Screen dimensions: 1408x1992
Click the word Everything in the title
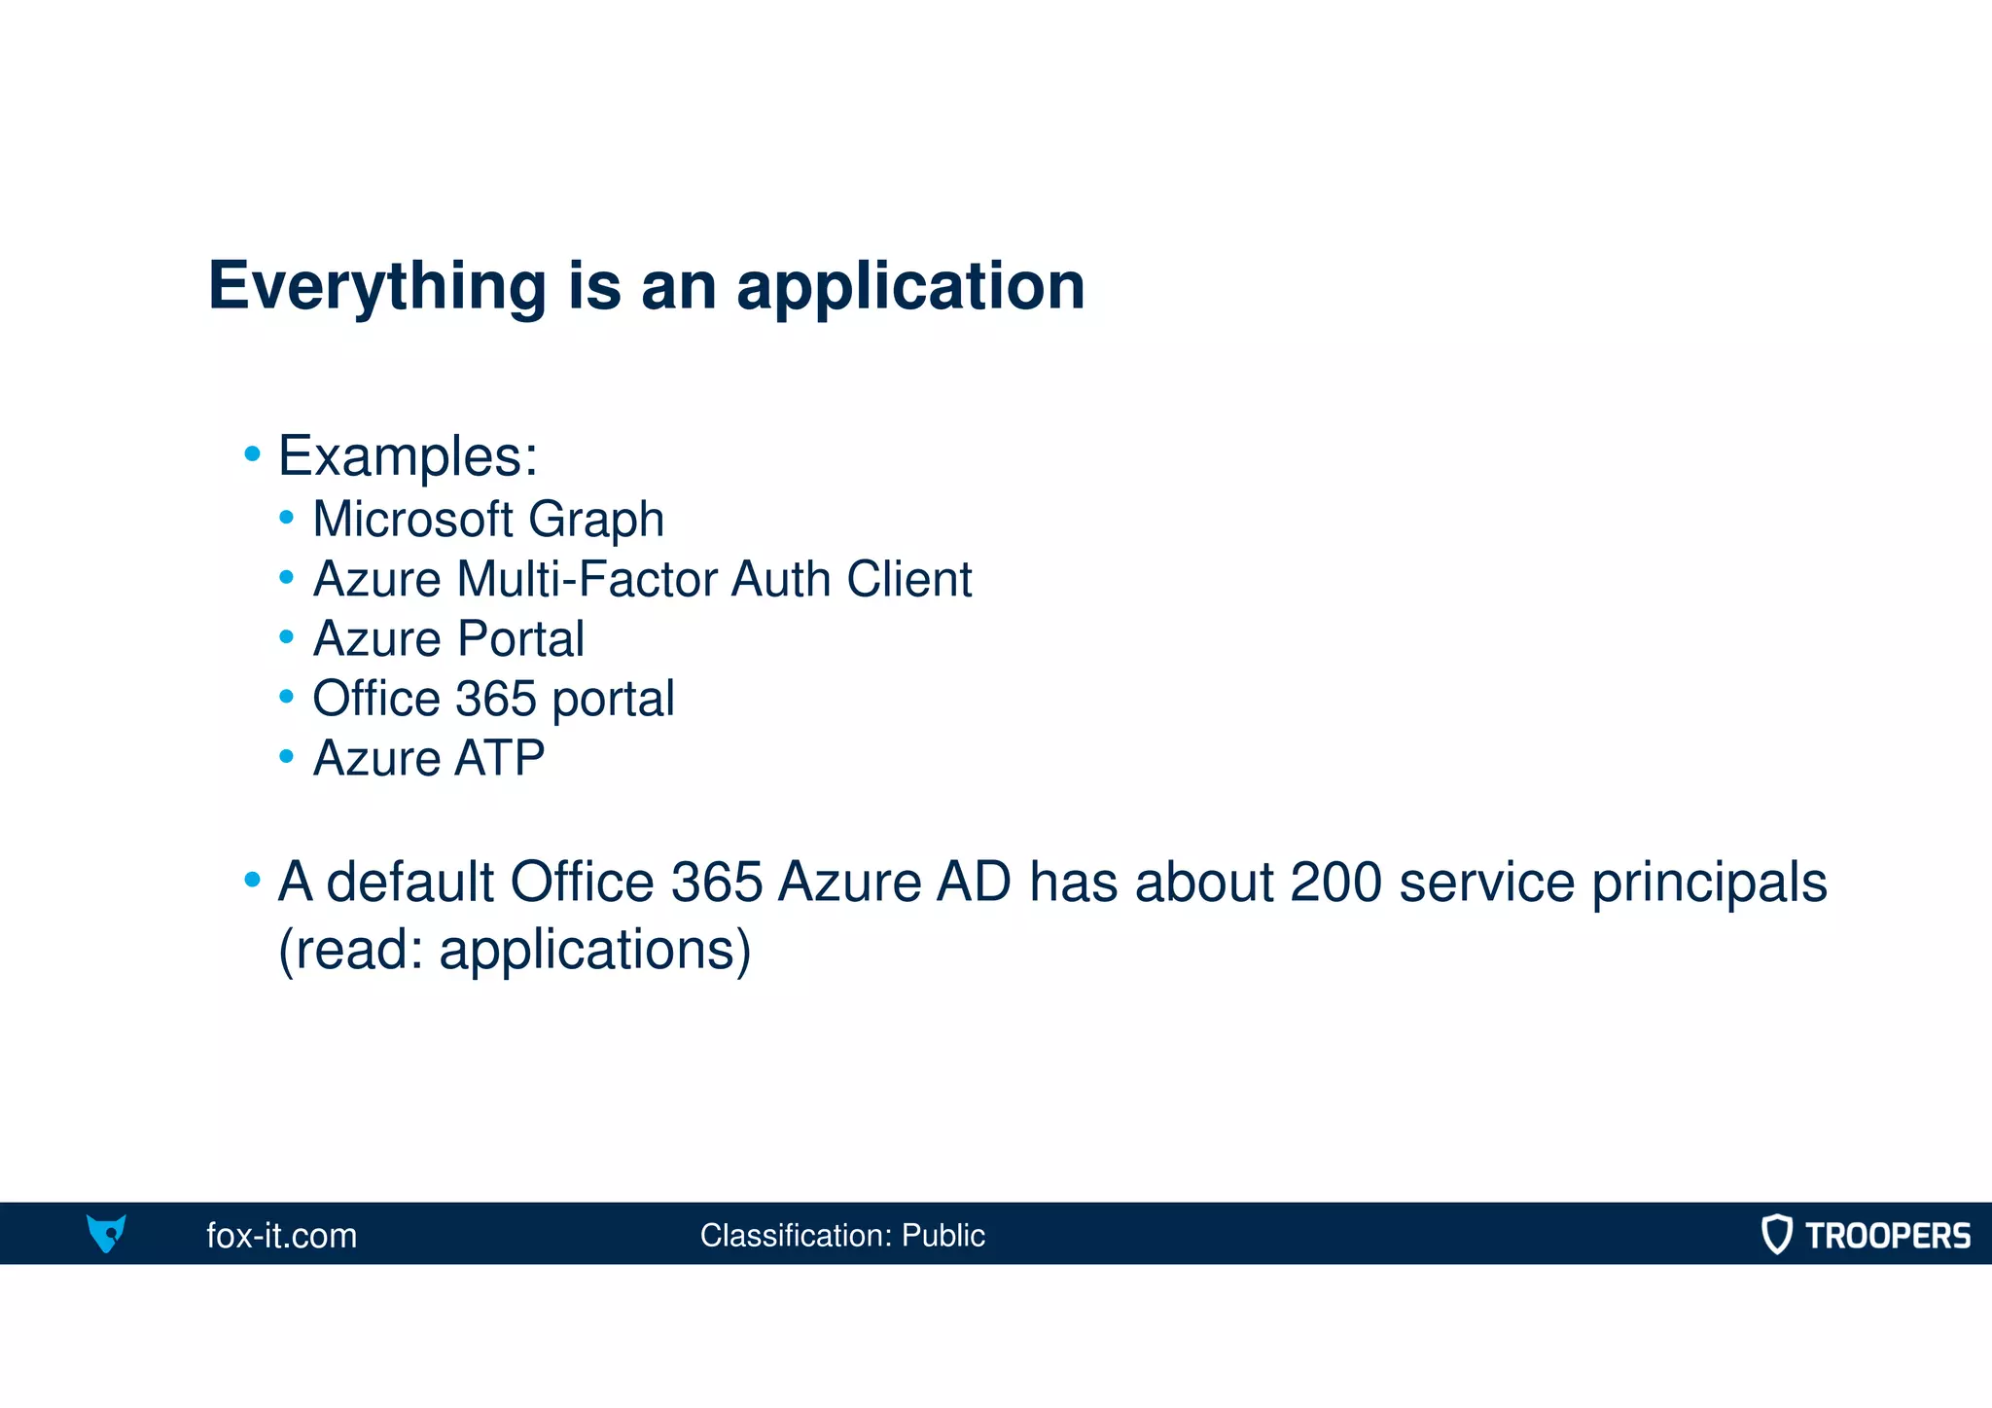377,287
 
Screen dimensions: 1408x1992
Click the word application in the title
910,287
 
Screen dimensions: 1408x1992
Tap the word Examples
407,455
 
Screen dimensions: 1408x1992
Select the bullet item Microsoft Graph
488,519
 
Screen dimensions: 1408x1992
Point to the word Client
908,579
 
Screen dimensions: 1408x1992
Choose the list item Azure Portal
448,639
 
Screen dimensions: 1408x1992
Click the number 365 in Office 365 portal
496,699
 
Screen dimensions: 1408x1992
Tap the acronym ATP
499,758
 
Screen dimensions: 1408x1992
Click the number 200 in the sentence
1335,882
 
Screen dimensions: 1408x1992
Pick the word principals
1709,884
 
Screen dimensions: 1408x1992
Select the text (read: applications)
515,950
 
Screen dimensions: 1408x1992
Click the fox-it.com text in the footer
282,1236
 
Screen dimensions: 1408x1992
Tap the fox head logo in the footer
106,1233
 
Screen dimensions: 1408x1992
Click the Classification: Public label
842,1236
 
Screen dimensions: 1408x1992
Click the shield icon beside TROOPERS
1776,1234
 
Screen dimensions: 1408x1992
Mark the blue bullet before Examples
253,453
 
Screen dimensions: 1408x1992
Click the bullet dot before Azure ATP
286,756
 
